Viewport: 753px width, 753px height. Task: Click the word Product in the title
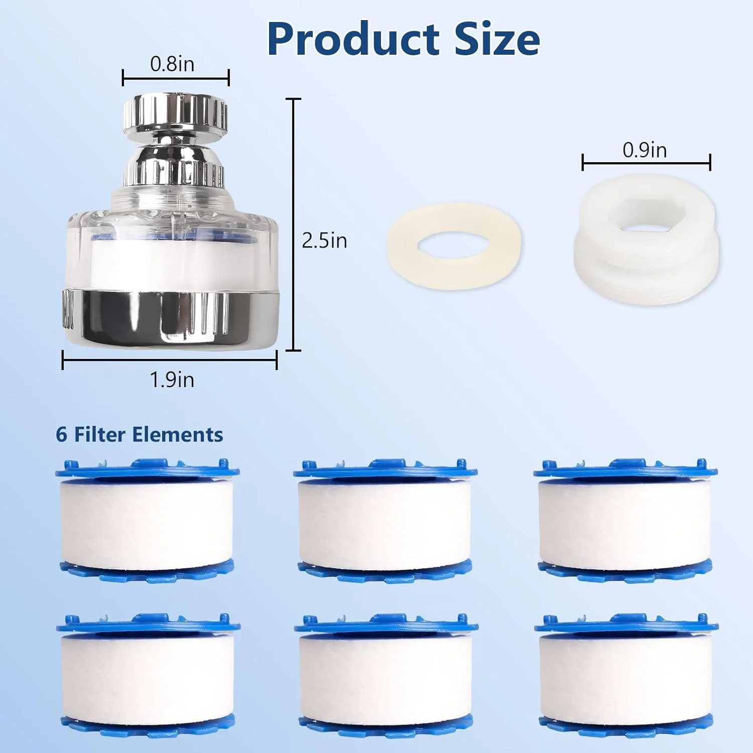pyautogui.click(x=353, y=39)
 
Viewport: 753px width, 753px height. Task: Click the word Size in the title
pyautogui.click(x=497, y=39)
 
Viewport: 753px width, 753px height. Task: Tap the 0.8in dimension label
pyautogui.click(x=172, y=64)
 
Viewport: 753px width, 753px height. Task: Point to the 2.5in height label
pyautogui.click(x=324, y=240)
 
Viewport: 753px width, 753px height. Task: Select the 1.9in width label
pyautogui.click(x=172, y=380)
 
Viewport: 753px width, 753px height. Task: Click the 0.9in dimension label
pyautogui.click(x=645, y=150)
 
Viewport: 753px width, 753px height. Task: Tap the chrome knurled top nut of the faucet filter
pyautogui.click(x=176, y=114)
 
